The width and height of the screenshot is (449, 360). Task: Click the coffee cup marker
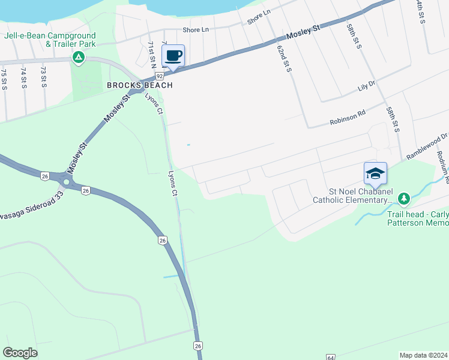173,56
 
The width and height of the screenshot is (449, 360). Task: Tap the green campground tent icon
78,58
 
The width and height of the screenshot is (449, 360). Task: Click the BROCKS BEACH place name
140,85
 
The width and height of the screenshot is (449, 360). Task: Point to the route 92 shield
160,76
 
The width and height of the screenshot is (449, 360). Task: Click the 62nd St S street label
285,58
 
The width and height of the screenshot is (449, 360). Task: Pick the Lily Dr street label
366,86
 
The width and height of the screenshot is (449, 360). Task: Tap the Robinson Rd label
348,118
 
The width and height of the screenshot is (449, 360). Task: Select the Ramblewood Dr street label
427,146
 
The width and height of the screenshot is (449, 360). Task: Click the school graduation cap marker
375,174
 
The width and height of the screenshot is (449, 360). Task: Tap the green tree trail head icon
405,198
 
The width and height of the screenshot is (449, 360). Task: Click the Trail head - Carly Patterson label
417,218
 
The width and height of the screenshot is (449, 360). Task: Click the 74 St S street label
23,78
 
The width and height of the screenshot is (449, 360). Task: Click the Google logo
20,353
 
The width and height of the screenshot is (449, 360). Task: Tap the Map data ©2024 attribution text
423,355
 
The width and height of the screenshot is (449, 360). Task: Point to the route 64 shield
331,357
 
